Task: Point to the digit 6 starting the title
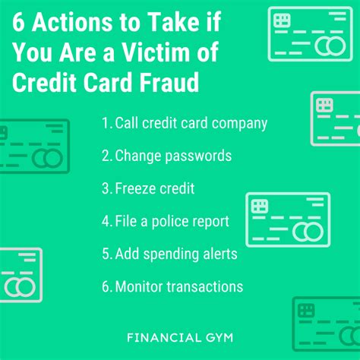point(18,22)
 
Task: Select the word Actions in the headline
point(72,22)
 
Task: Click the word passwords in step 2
point(198,156)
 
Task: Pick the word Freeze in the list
point(135,188)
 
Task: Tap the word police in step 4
point(169,222)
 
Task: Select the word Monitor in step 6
point(139,286)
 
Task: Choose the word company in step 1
point(239,124)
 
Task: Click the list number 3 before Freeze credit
point(106,188)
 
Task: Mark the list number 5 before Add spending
point(106,254)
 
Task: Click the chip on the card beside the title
point(282,21)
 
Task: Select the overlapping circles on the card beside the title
point(330,46)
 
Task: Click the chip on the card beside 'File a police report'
point(260,206)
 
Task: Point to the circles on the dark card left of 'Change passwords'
point(47,159)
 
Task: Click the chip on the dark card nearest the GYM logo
point(306,311)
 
